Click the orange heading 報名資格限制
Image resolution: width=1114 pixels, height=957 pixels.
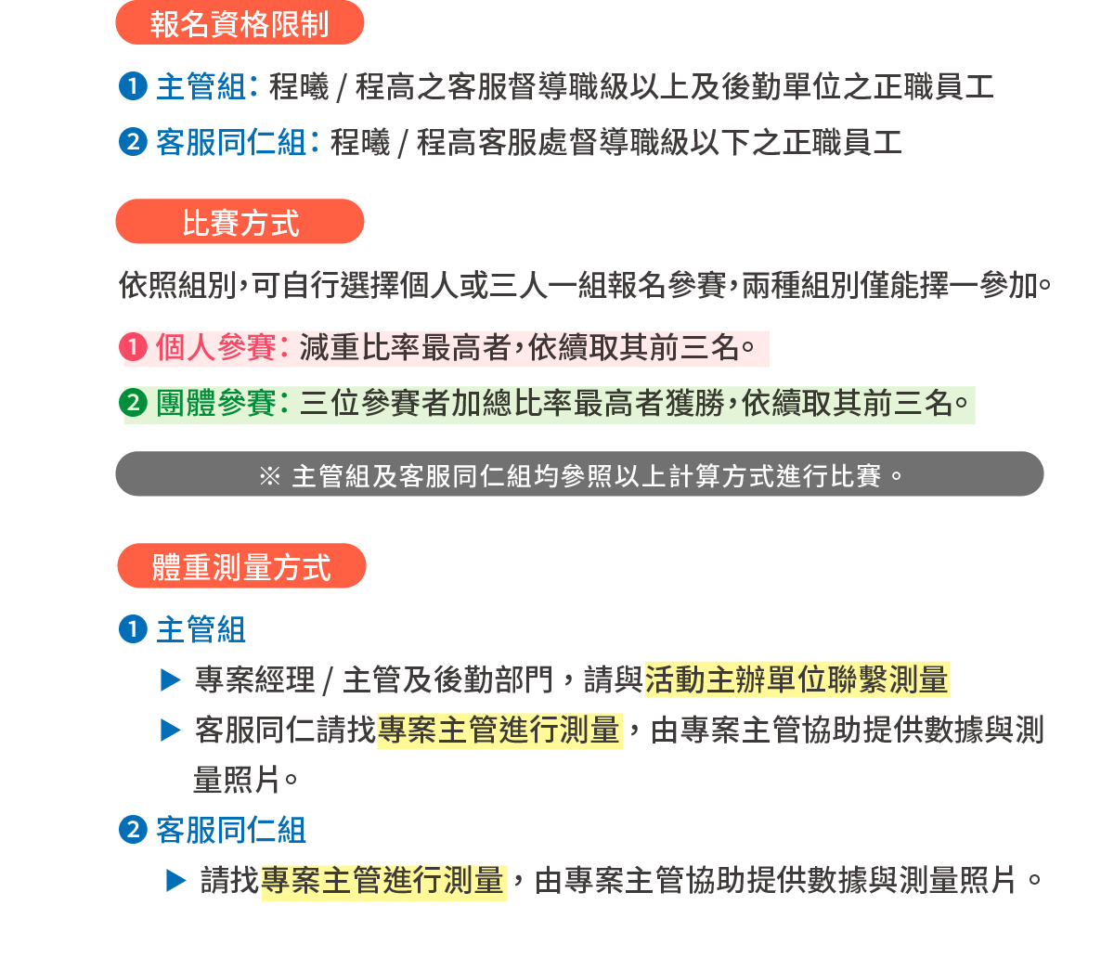[240, 23]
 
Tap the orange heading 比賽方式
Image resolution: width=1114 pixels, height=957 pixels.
[240, 223]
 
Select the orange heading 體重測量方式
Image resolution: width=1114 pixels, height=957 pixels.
[240, 566]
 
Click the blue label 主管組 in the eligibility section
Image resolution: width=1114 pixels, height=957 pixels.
[201, 87]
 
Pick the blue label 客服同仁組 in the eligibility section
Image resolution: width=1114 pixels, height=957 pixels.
[231, 143]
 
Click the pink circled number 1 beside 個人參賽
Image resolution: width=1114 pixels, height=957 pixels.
[135, 348]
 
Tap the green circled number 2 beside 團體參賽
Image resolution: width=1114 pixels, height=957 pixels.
[135, 404]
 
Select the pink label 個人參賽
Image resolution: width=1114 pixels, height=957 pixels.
[215, 348]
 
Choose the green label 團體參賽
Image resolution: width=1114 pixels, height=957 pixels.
[215, 404]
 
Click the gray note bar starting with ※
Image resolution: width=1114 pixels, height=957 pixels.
[579, 475]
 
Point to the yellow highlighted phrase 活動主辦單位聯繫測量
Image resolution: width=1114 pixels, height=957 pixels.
[796, 679]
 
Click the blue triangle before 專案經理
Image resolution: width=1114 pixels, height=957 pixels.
[170, 680]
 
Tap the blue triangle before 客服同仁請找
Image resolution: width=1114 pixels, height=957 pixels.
[170, 731]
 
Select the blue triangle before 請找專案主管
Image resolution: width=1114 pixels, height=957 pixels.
[175, 880]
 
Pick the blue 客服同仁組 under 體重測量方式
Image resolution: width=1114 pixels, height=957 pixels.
[231, 830]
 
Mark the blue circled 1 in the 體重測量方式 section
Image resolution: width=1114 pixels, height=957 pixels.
[134, 629]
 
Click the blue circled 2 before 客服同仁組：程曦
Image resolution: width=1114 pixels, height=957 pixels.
[134, 143]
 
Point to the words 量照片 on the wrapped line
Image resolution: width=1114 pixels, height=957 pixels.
[237, 780]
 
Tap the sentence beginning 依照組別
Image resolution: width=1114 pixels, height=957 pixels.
[585, 285]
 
